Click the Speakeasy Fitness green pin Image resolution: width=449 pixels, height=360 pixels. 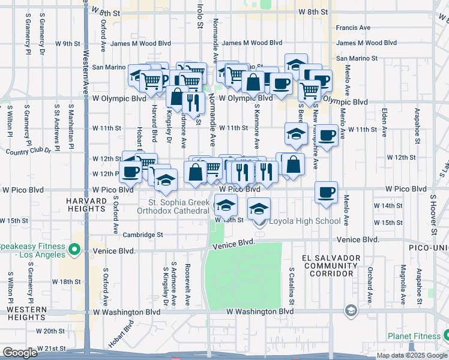pyautogui.click(x=74, y=248)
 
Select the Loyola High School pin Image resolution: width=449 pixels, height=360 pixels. pyautogui.click(x=260, y=221)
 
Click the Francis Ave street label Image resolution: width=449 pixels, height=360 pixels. pyautogui.click(x=354, y=28)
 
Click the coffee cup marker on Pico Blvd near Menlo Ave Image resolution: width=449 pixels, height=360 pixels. pyautogui.click(x=327, y=193)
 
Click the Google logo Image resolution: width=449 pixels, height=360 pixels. pyautogui.click(x=19, y=353)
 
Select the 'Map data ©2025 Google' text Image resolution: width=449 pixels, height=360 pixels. pyautogui.click(x=412, y=355)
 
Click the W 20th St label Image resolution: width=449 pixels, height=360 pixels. pyautogui.click(x=50, y=331)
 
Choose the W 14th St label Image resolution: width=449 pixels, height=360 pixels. pyautogui.click(x=388, y=206)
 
